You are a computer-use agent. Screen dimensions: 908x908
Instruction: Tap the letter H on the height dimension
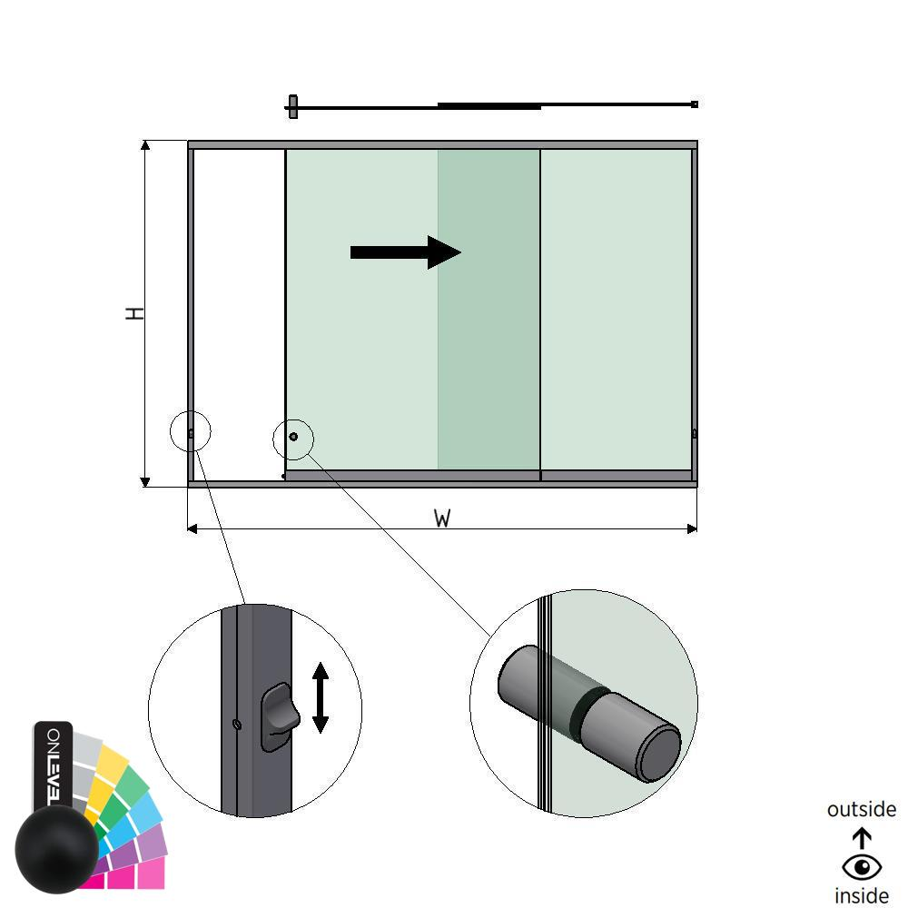134,313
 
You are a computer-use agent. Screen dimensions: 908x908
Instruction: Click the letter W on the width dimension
442,518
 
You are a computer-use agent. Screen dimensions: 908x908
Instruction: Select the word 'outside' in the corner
861,809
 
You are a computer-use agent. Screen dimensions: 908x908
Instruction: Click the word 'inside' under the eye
861,896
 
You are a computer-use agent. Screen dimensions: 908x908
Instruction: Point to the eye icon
861,867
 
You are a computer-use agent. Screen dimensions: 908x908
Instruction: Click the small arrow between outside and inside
862,837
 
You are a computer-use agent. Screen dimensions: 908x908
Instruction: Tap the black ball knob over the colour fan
56,850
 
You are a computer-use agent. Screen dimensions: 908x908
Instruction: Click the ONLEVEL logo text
53,764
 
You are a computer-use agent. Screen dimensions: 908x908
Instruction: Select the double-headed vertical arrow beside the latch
320,697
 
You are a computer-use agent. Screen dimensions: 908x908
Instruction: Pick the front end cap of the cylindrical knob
659,754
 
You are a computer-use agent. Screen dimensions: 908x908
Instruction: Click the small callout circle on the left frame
191,431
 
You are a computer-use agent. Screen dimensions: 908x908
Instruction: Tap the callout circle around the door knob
293,439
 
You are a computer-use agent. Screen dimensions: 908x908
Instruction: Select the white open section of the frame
239,309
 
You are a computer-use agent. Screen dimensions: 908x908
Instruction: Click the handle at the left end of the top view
292,106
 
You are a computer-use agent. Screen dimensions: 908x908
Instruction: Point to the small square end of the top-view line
695,104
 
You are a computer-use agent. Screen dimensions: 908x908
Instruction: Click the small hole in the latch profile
237,724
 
